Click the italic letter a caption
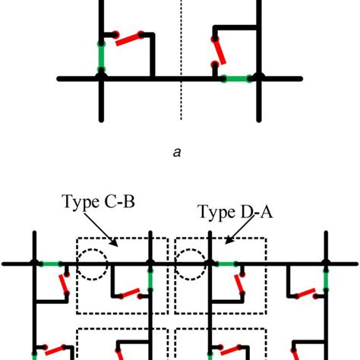[177, 153]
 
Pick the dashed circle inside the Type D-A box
[191, 265]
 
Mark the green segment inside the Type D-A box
[225, 264]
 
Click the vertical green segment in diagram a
[100, 55]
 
